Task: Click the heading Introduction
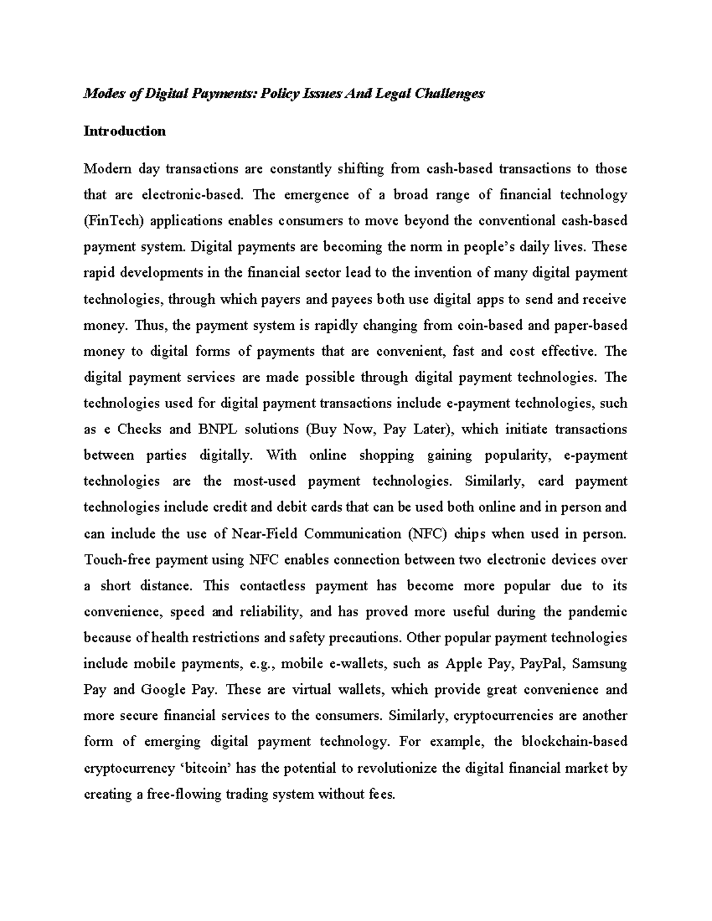coord(125,131)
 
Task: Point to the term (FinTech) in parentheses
coord(114,221)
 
